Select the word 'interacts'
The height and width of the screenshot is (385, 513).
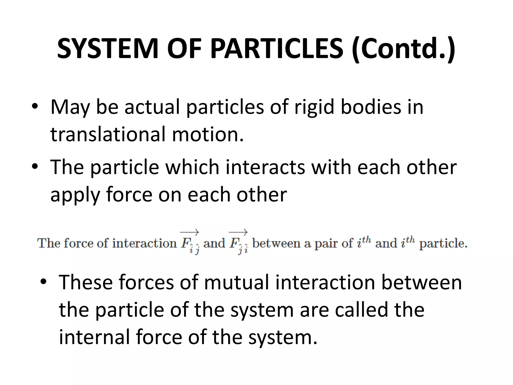(265, 167)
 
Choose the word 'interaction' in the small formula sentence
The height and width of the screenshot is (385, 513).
(144, 243)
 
